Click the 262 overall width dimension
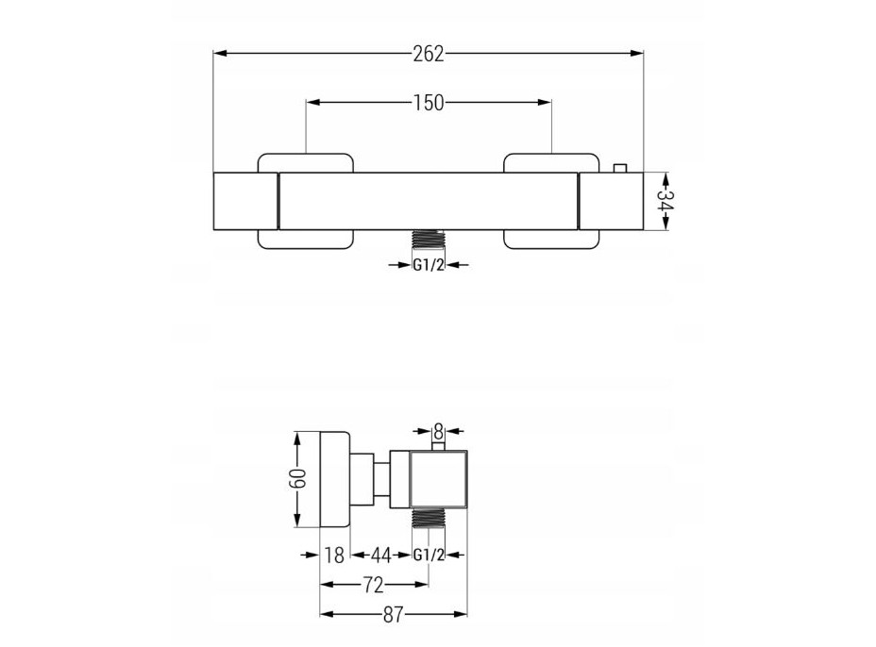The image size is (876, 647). [x=429, y=54]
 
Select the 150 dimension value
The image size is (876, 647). [x=429, y=103]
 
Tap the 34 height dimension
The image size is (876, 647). [x=665, y=202]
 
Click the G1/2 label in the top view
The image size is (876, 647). [x=429, y=265]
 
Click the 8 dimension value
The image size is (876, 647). [x=439, y=431]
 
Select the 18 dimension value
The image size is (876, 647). [x=334, y=556]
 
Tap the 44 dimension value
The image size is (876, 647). [x=381, y=556]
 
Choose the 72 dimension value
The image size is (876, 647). [x=373, y=585]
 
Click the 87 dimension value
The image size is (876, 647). [x=393, y=615]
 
